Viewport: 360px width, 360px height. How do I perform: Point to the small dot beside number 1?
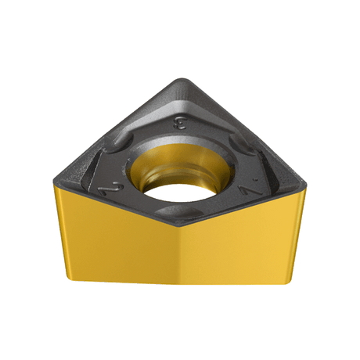coord(257,179)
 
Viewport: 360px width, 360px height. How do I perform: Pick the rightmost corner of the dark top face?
coord(305,185)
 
